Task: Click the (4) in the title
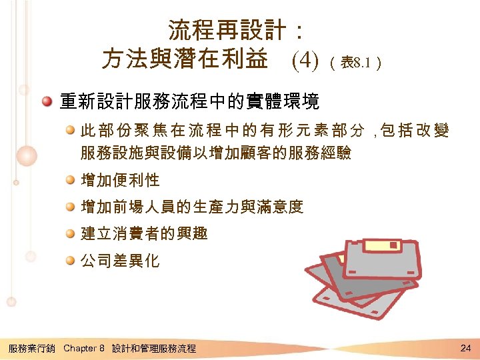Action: click(306, 61)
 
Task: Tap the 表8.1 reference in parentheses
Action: click(356, 63)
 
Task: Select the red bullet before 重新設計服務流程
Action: click(47, 101)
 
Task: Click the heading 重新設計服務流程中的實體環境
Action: click(189, 101)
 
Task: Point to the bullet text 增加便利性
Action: click(120, 180)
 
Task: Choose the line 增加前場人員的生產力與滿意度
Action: click(192, 207)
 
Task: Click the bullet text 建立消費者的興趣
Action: click(144, 234)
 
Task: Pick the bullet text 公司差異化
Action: click(120, 261)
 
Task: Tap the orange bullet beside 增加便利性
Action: click(70, 180)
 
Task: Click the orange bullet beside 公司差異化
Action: click(70, 261)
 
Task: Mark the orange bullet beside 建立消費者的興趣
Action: click(70, 234)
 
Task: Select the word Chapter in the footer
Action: click(80, 348)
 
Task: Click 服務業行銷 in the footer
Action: click(32, 348)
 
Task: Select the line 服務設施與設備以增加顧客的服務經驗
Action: click(216, 153)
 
